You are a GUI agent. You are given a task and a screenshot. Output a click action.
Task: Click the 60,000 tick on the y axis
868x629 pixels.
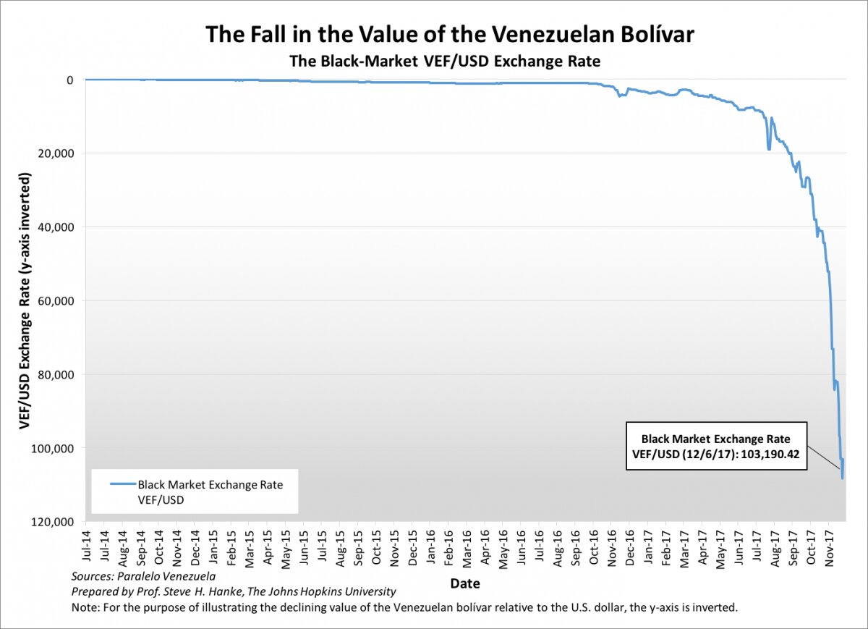56,300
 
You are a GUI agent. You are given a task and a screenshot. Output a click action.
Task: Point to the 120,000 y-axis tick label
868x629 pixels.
53,522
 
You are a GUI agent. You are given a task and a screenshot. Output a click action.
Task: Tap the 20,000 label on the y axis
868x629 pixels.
56,153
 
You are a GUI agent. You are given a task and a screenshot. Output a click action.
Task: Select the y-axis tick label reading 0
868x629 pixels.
69,79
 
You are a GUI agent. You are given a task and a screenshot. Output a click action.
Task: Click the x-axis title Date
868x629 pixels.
464,583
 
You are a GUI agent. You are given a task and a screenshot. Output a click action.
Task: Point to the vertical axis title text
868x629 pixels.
25,300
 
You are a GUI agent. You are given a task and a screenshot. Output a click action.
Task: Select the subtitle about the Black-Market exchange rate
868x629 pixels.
445,62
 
